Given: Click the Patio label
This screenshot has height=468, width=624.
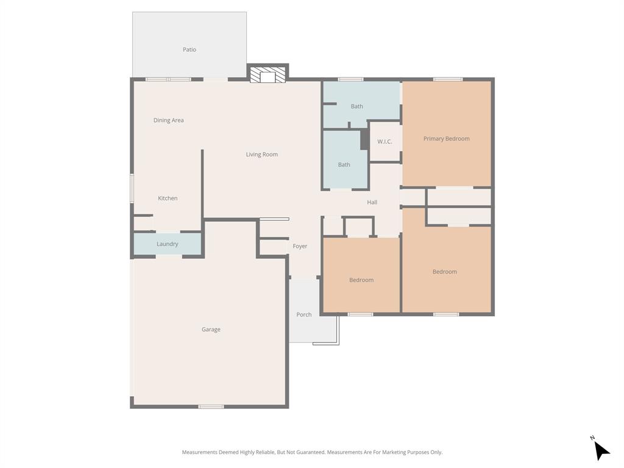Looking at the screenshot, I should [190, 49].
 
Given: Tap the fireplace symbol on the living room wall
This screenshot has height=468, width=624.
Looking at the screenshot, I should [268, 75].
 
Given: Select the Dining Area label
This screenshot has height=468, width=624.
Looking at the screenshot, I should [168, 120].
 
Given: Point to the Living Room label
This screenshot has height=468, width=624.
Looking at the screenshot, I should [261, 154].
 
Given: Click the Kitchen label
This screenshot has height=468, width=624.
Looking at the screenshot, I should [168, 198].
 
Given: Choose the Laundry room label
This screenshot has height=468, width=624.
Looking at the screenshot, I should [167, 244].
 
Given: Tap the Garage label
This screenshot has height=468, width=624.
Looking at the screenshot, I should [211, 329].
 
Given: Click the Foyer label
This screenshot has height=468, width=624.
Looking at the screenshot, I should [300, 246].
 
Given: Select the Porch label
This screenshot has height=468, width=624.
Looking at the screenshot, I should [303, 314].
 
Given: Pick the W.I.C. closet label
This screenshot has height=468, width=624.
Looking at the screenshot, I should [385, 141].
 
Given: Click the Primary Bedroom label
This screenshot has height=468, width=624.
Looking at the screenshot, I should [446, 138].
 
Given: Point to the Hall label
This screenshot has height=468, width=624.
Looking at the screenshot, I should [372, 202].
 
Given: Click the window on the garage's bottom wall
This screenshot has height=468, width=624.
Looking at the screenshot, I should [211, 406].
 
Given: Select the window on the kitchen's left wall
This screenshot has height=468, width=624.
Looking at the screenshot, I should [132, 189].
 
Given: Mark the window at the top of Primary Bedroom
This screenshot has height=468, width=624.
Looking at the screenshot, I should [447, 79].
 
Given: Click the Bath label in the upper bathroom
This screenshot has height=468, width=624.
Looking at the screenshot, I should [356, 106].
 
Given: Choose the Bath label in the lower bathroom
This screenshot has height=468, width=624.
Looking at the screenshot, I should [344, 165].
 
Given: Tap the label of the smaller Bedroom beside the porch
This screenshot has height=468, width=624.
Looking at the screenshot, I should [361, 280].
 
